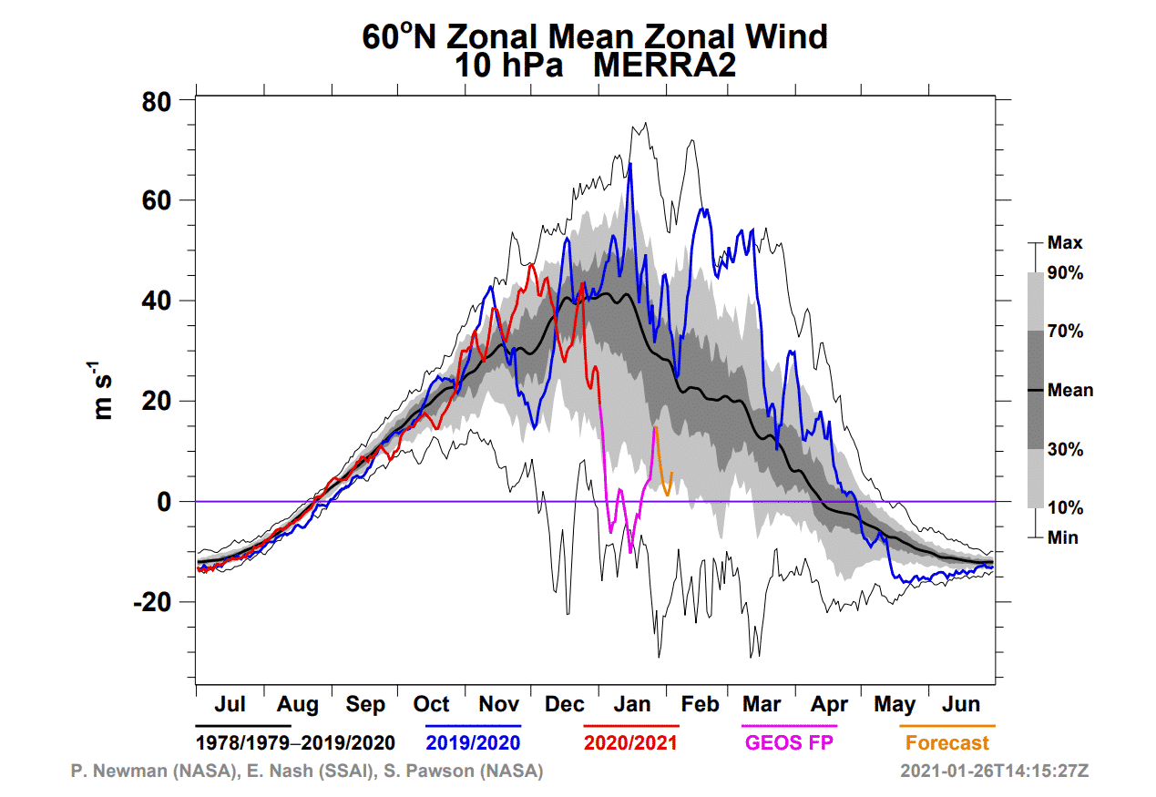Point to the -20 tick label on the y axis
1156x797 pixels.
pyautogui.click(x=158, y=602)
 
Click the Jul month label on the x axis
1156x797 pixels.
pyautogui.click(x=230, y=705)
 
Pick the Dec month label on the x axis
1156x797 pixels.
pyautogui.click(x=565, y=705)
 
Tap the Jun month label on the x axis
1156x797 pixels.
pyautogui.click(x=961, y=705)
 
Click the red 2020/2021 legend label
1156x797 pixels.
pyautogui.click(x=630, y=742)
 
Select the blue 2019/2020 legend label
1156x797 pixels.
pyautogui.click(x=472, y=742)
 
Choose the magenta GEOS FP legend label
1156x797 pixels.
pyautogui.click(x=789, y=742)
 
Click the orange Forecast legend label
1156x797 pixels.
pyautogui.click(x=946, y=742)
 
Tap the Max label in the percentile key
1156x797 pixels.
pyautogui.click(x=1065, y=243)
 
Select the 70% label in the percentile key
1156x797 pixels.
pyautogui.click(x=1065, y=332)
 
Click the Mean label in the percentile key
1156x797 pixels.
pyautogui.click(x=1070, y=391)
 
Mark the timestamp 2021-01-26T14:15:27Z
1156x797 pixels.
pyautogui.click(x=994, y=771)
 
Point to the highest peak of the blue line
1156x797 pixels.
pyautogui.click(x=629, y=164)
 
